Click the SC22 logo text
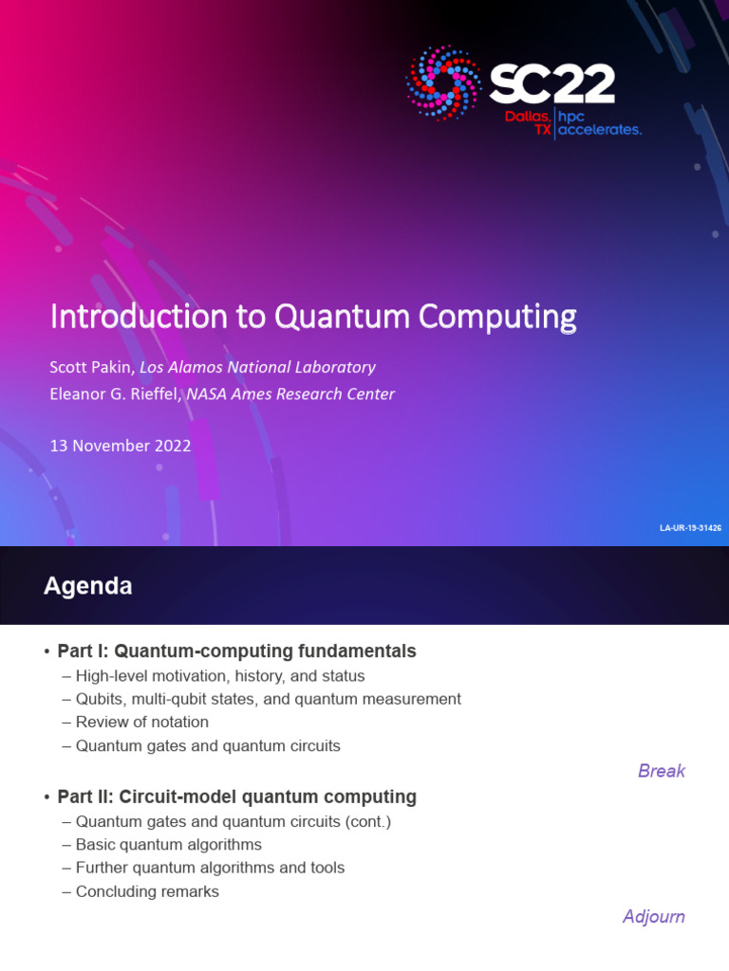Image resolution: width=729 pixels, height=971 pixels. click(551, 84)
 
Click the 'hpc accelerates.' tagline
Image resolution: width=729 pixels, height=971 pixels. click(599, 122)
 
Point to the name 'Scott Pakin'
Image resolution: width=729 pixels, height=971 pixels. click(91, 367)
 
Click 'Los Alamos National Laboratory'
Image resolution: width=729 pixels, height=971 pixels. click(257, 367)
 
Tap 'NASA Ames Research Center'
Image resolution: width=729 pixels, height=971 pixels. click(290, 394)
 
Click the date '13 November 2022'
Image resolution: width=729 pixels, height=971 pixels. click(121, 446)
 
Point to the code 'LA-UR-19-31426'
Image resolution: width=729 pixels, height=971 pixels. click(690, 527)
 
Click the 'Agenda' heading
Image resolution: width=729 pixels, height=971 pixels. click(87, 587)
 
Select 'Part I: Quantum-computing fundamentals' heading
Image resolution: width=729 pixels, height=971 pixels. click(236, 651)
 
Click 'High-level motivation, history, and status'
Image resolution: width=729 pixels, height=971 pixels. click(219, 676)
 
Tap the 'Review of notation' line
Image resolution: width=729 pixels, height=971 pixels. click(141, 723)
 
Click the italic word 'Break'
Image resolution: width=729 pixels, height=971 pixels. click(661, 771)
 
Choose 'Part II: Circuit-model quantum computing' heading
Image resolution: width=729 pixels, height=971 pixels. click(236, 797)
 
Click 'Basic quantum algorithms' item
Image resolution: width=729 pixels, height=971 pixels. click(168, 845)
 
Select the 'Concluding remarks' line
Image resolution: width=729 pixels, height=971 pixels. click(147, 892)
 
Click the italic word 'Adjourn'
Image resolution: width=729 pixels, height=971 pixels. click(653, 917)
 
